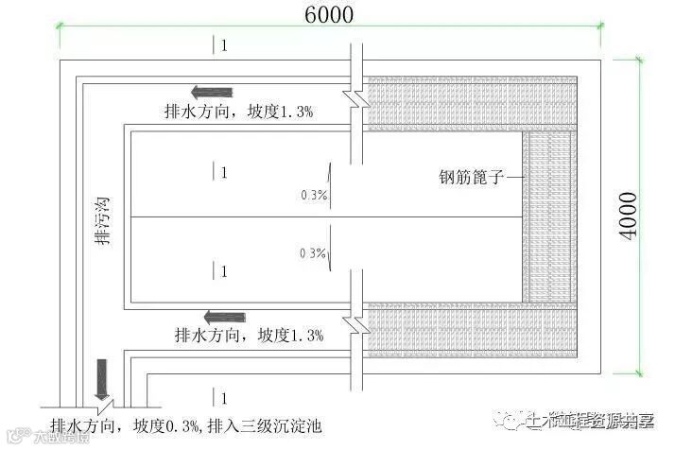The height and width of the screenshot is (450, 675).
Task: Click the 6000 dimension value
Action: click(329, 14)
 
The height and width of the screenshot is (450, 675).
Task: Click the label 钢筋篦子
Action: click(469, 176)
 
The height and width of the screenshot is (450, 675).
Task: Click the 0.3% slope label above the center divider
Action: click(313, 195)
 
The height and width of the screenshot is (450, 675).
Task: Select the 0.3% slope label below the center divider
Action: click(312, 253)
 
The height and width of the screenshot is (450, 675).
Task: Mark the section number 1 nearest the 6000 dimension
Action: click(223, 45)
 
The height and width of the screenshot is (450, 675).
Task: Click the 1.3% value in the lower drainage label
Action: click(306, 335)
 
